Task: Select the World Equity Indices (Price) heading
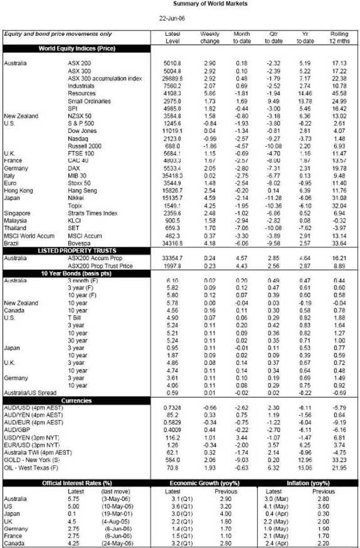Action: click(x=77, y=49)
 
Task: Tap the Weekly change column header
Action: click(x=210, y=37)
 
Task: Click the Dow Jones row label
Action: click(x=82, y=131)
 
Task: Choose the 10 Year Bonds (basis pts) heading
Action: click(x=77, y=273)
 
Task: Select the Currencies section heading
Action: click(x=77, y=400)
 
